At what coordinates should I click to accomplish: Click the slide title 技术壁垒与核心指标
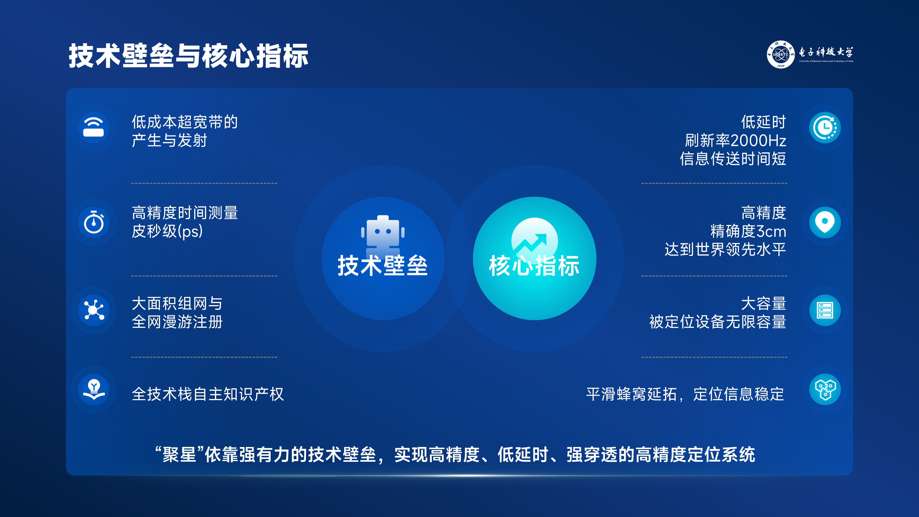pyautogui.click(x=188, y=56)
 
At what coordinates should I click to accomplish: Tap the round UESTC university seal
pyautogui.click(x=781, y=54)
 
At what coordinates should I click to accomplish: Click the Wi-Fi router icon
pyautogui.click(x=94, y=127)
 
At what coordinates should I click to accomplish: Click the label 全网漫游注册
pyautogui.click(x=177, y=322)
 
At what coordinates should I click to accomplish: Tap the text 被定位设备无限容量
pyautogui.click(x=717, y=322)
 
